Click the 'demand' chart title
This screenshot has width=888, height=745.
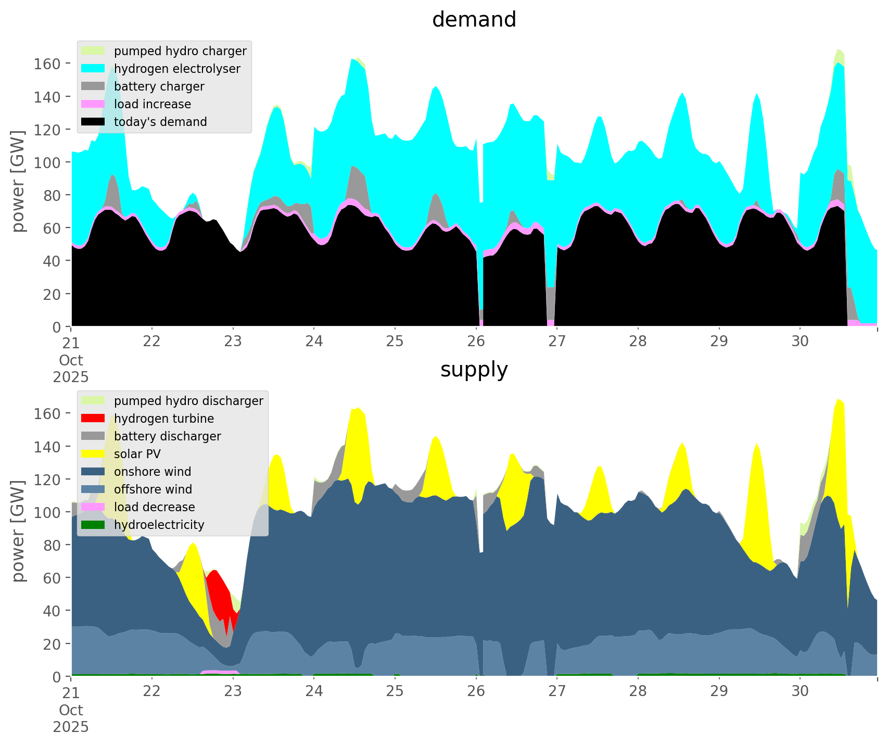474,20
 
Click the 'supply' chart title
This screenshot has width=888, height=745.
474,370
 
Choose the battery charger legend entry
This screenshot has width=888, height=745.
159,86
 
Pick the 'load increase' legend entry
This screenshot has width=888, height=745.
152,104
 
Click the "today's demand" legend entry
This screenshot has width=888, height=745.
160,122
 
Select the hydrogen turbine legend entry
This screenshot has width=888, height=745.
164,419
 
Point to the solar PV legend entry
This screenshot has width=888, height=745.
137,454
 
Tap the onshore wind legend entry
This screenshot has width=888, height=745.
153,472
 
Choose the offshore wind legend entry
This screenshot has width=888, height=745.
153,489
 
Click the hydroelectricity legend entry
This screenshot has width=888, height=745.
159,525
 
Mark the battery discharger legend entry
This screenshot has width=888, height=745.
167,436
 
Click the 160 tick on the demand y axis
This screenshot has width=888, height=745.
47,64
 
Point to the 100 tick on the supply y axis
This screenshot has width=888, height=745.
47,512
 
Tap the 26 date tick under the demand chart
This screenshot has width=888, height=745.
476,342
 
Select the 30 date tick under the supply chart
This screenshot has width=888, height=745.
800,691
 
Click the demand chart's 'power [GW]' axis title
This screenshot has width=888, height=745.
18,181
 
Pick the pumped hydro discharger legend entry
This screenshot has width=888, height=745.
188,401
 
